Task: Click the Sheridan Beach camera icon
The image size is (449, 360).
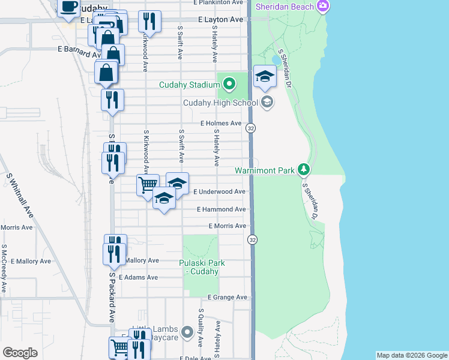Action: pos(323,7)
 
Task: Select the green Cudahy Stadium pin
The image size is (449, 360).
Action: pos(228,85)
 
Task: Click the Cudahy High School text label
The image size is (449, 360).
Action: pos(220,102)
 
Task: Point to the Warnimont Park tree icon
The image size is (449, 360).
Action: pos(304,170)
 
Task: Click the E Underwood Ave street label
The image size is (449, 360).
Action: pos(220,191)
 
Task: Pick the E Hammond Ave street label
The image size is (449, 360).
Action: pos(221,209)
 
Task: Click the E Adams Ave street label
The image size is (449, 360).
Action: pos(138,278)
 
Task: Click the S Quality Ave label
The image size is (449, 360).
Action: pos(201,328)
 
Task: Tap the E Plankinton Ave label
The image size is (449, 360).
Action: pos(220,2)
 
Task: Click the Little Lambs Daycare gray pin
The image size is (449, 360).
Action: pos(188,331)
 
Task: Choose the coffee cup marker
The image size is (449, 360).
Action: pos(68,6)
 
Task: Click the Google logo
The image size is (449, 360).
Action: pos(20,353)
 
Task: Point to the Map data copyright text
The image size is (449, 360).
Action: pos(411,355)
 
